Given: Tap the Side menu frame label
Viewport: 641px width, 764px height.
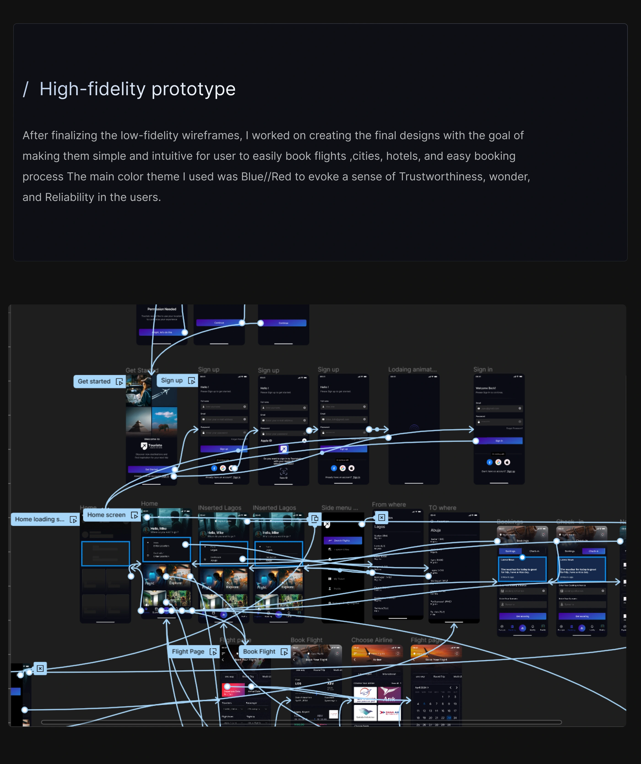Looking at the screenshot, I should (340, 508).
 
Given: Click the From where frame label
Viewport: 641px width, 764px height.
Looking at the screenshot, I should (388, 505).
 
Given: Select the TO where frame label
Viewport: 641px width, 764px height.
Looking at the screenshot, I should (442, 508).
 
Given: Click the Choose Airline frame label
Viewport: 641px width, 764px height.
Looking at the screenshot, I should (371, 640).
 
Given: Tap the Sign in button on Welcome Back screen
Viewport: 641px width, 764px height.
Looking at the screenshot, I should (499, 441).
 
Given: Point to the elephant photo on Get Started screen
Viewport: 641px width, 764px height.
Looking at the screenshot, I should (164, 419).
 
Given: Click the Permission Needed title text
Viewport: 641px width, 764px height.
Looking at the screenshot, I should (162, 309).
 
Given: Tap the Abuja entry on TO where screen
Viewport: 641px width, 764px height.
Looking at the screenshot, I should (436, 531).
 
